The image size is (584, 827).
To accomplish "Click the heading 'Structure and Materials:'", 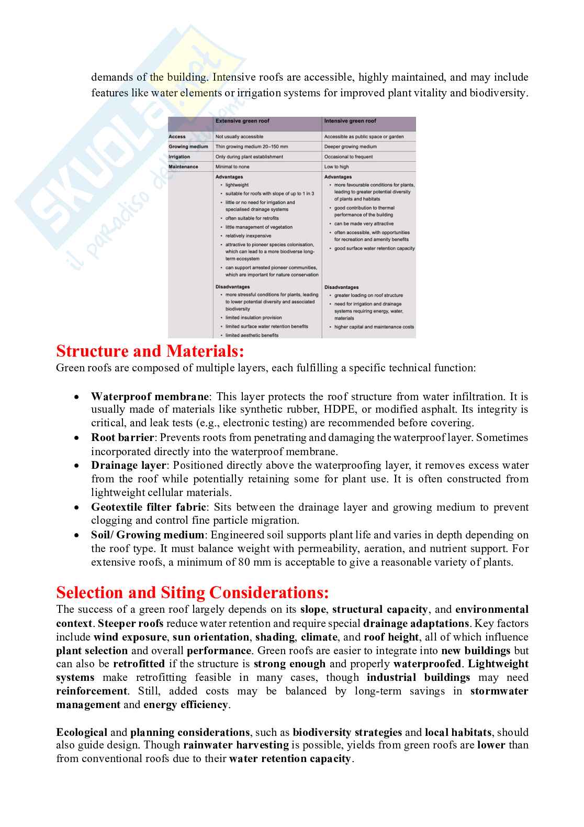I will click(x=150, y=351).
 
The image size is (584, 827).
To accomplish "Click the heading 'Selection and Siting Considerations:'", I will click(x=192, y=592).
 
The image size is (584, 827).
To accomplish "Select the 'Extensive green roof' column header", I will click(x=242, y=121).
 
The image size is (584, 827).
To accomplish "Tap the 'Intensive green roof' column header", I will click(x=350, y=121).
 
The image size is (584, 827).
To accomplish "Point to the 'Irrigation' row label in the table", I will click(x=179, y=157).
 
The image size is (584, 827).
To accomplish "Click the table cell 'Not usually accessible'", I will click(x=239, y=137).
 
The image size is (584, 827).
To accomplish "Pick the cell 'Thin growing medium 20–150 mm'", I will click(x=251, y=147).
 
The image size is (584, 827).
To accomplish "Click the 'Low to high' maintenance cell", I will click(x=336, y=167).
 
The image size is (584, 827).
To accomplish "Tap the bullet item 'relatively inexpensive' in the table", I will click(x=248, y=236).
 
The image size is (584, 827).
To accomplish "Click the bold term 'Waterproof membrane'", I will click(x=150, y=396).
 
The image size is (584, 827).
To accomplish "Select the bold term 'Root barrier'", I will click(x=122, y=437).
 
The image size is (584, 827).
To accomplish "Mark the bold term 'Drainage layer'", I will click(x=128, y=466).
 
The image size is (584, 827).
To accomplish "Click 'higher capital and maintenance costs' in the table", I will click(x=374, y=327).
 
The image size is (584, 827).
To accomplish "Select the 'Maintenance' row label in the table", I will click(x=183, y=167).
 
